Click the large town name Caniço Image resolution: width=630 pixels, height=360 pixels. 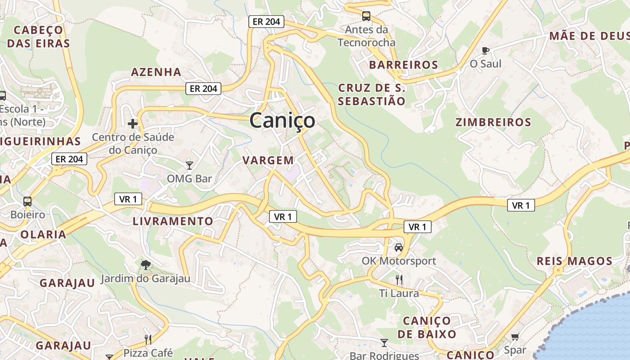[x=282, y=121]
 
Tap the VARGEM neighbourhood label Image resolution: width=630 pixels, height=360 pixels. [x=268, y=160]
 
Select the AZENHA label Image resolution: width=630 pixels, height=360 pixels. [x=156, y=72]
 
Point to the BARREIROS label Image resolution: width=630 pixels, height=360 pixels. [x=404, y=65]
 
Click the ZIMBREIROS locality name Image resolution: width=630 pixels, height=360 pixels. [x=493, y=122]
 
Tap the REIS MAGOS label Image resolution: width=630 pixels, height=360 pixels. [x=575, y=261]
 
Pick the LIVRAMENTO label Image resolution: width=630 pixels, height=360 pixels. [x=173, y=221]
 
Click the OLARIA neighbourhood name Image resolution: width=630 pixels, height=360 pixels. [x=43, y=234]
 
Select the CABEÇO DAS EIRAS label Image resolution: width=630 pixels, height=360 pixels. [x=39, y=37]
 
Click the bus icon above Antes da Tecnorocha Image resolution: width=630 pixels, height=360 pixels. [x=366, y=17]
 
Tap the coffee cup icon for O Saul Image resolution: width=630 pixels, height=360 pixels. [x=485, y=50]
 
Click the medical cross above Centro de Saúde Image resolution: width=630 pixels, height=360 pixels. [x=133, y=123]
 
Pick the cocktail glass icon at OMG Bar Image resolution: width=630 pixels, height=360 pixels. [x=189, y=165]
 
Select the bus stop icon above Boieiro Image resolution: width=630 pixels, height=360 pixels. [x=27, y=201]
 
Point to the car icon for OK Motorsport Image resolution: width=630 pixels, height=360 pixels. [x=399, y=247]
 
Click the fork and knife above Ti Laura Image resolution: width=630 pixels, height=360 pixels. [x=399, y=280]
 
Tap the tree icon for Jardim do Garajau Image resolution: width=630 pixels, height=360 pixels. [x=145, y=265]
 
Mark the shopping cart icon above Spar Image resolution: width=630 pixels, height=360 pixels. [x=515, y=337]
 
